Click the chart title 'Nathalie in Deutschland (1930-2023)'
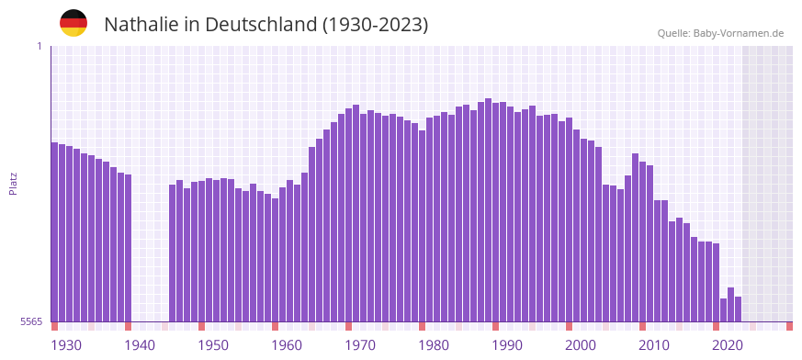pyautogui.click(x=265, y=25)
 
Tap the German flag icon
pyautogui.click(x=73, y=23)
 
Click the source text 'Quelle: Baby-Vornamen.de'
pyautogui.click(x=720, y=33)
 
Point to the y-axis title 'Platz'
pyautogui.click(x=13, y=183)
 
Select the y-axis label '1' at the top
pyautogui.click(x=40, y=46)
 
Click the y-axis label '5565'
pyautogui.click(x=31, y=321)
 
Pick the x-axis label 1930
pyautogui.click(x=66, y=345)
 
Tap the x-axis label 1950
pyautogui.click(x=213, y=345)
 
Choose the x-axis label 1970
pyautogui.click(x=360, y=345)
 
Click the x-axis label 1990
pyautogui.click(x=507, y=345)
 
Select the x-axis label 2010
pyautogui.click(x=654, y=345)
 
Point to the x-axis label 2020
pyautogui.click(x=728, y=345)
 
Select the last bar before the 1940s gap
pyautogui.click(x=129, y=248)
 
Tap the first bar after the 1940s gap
pyautogui.click(x=173, y=253)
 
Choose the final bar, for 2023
pyautogui.click(x=739, y=309)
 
